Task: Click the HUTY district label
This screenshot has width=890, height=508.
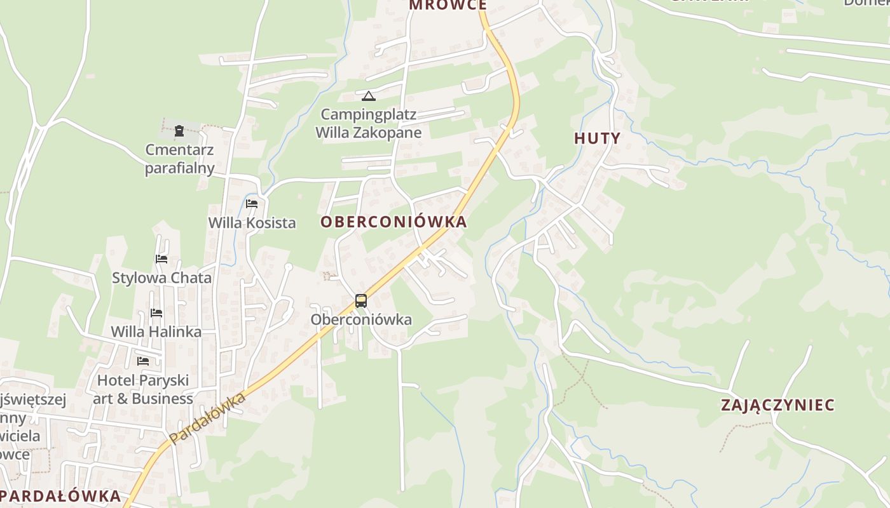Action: [597, 138]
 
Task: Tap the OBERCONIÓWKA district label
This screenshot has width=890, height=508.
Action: [394, 222]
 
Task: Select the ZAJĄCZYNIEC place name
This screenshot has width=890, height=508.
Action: [777, 405]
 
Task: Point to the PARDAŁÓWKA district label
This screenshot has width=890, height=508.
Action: [61, 496]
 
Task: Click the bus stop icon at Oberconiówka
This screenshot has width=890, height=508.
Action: [361, 301]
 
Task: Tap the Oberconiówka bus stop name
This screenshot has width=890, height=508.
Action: [361, 319]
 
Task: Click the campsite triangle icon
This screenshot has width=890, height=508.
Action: [369, 97]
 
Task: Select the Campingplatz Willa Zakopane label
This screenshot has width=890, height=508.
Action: [369, 124]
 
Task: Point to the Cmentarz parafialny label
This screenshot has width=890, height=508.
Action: [179, 159]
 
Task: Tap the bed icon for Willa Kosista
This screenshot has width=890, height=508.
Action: [252, 204]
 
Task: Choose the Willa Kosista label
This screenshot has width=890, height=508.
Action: [252, 223]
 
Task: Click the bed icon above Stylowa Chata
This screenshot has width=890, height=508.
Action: [161, 259]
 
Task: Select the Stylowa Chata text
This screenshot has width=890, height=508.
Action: [161, 278]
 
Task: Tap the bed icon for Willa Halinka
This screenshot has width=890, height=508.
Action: [156, 313]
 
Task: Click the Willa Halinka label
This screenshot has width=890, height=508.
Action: [156, 331]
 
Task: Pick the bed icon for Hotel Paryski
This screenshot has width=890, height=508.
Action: [144, 361]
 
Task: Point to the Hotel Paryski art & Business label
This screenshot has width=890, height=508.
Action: [143, 389]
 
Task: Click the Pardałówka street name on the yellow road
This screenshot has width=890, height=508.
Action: [208, 418]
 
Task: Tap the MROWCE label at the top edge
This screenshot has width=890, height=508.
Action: [448, 5]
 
